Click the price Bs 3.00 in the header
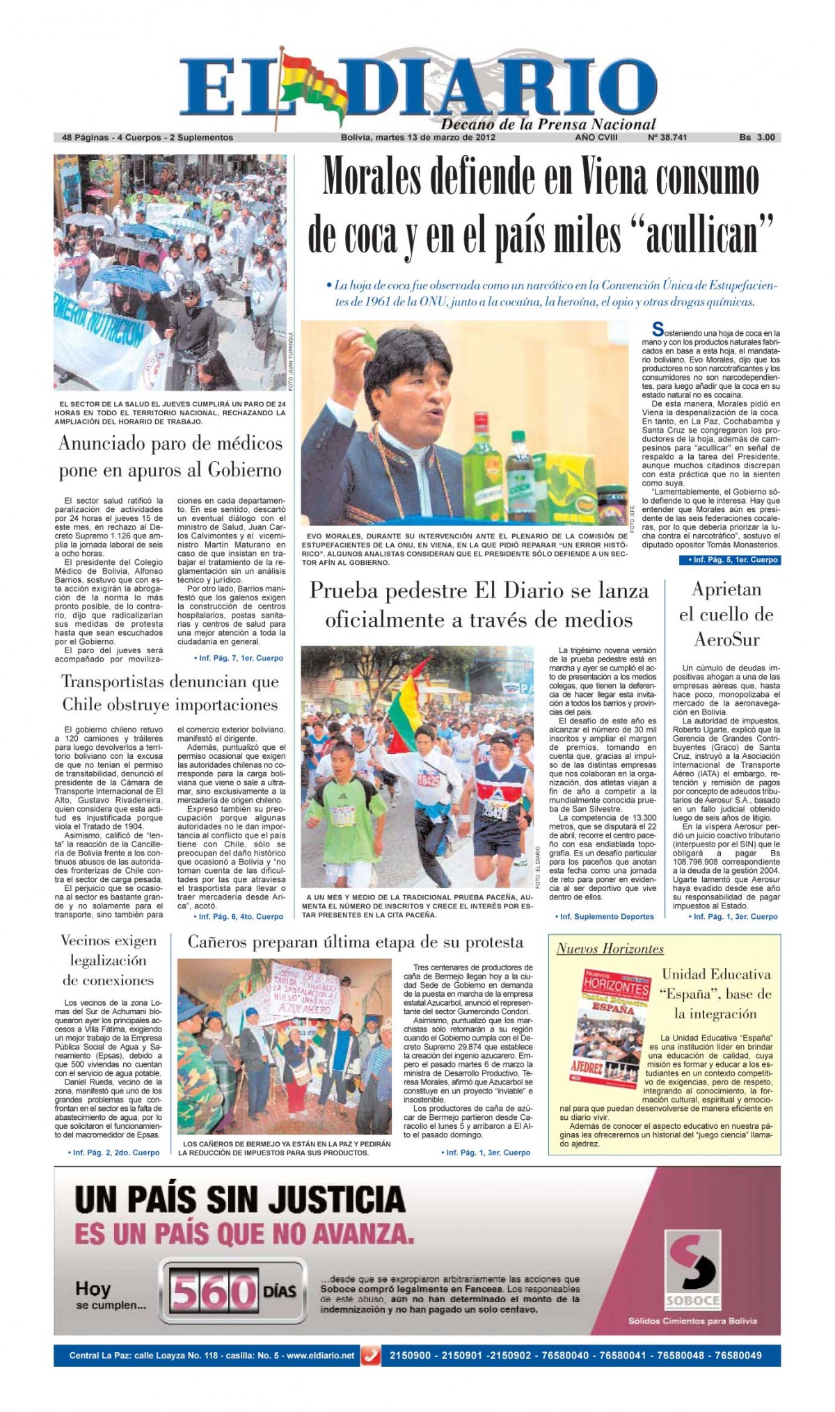click(x=756, y=138)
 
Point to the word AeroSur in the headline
click(x=726, y=640)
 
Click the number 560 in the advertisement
click(x=214, y=1292)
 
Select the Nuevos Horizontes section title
click(x=610, y=949)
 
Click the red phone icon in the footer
click(x=371, y=1356)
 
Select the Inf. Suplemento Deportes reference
click(x=605, y=917)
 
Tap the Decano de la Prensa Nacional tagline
click(x=548, y=125)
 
